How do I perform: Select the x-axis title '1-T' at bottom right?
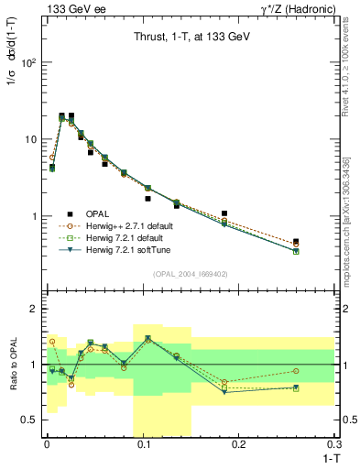[329, 457]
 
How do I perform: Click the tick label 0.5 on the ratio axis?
[30, 420]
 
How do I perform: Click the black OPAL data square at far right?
[296, 242]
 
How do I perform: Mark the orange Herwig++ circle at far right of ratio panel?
[296, 371]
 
